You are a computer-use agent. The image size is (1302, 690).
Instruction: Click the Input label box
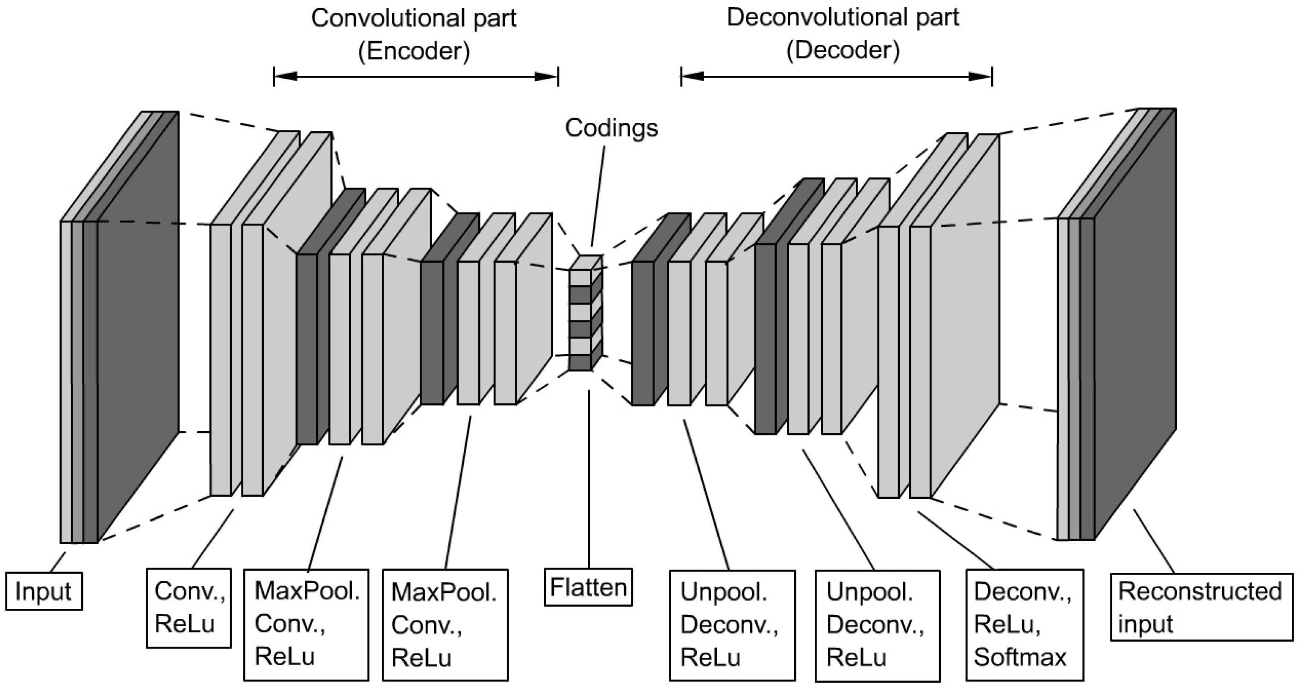tap(44, 591)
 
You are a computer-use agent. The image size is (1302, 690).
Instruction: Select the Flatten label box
tap(588, 587)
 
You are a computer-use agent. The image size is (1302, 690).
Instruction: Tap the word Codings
tap(611, 128)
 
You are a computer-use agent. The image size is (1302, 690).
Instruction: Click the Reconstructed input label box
tap(1201, 607)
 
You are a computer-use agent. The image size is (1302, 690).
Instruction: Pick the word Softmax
tap(1019, 657)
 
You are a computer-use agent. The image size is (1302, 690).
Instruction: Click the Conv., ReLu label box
tap(189, 607)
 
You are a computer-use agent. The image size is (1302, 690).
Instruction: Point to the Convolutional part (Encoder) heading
tap(413, 34)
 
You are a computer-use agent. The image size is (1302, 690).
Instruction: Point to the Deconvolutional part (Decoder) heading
tap(842, 33)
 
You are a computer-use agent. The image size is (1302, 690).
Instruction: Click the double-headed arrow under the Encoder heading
tap(415, 77)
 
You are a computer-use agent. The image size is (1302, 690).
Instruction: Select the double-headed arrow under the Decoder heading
tap(837, 77)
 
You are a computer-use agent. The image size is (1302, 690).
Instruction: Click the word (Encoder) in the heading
tap(413, 50)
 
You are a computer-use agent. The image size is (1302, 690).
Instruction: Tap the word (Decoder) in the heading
tap(842, 50)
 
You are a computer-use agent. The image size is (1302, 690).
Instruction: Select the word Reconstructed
tap(1200, 591)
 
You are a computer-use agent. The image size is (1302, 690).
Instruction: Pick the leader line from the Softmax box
tap(955, 540)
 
